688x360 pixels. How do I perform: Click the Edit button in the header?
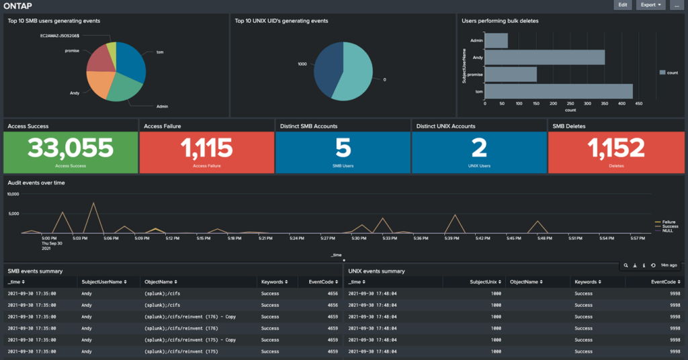pos(623,5)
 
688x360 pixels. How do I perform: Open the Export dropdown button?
pos(650,5)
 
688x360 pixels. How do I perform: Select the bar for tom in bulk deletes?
pos(558,91)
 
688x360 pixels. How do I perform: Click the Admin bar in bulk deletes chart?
pos(496,41)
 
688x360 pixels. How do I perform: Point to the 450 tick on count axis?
pos(638,103)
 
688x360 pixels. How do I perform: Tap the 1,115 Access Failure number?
pos(206,148)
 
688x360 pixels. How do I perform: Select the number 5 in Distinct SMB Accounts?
pos(343,148)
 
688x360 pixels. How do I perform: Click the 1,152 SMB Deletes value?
pos(616,148)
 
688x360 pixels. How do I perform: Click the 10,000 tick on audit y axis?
pos(15,194)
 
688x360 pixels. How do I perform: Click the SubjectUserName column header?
pos(102,282)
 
